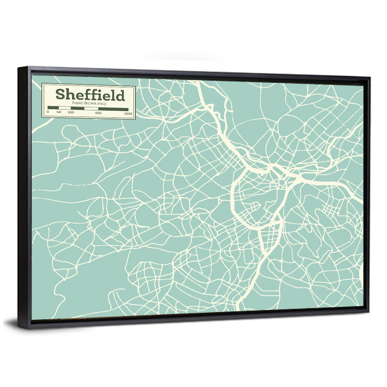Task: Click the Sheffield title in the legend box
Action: click(90, 94)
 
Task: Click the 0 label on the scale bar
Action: click(48, 113)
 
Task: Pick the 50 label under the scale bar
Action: click(59, 113)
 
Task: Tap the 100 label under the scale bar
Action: click(71, 113)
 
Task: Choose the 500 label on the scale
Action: click(98, 113)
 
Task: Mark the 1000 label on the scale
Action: click(128, 113)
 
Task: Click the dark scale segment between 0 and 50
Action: click(53, 108)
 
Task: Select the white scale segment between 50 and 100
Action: click(65, 108)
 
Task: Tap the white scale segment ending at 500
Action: click(91, 109)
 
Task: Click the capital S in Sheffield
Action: click(60, 94)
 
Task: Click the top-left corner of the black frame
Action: click(19, 68)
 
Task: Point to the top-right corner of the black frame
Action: click(370, 78)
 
